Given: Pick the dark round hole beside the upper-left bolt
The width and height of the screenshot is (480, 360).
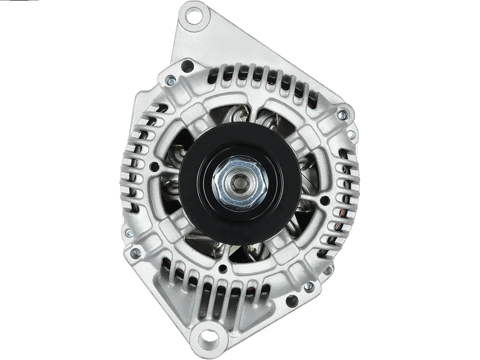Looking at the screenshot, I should tap(187, 65).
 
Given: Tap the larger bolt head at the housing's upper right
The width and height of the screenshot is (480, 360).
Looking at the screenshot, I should tap(343, 113).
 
